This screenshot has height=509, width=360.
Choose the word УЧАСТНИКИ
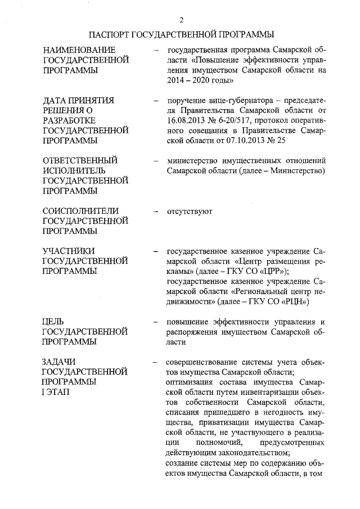(70, 251)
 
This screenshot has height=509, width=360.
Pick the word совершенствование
(204, 362)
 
